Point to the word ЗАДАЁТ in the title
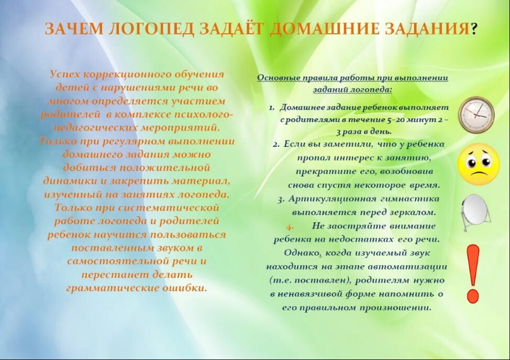[x=230, y=28]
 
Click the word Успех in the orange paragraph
[x=65, y=74]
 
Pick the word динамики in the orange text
[x=70, y=181]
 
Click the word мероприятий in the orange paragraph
[x=180, y=127]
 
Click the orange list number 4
[x=290, y=226]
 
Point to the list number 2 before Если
[x=276, y=145]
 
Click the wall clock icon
[x=476, y=115]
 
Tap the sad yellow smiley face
[x=479, y=164]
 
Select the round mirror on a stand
[x=476, y=212]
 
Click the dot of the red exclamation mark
[x=473, y=297]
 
